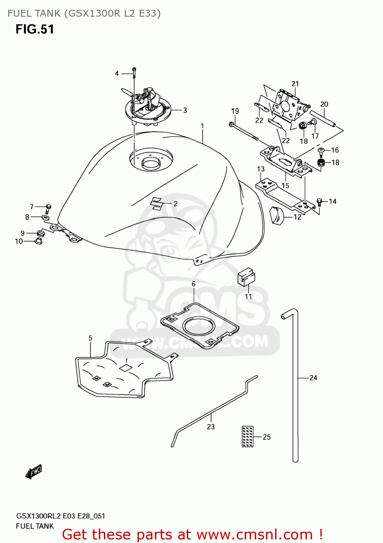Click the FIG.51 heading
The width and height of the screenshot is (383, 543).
[x=35, y=29]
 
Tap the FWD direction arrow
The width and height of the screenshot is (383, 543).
[x=34, y=472]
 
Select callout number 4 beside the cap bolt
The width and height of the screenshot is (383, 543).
[x=117, y=73]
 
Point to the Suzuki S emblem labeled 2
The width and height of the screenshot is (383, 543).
[x=157, y=203]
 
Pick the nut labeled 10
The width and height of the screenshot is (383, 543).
[x=38, y=241]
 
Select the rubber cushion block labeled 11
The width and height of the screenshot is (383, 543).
[x=246, y=277]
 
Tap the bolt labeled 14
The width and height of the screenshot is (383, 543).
[x=319, y=202]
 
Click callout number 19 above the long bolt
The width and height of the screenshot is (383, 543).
[x=235, y=111]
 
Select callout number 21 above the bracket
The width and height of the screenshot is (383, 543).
[x=295, y=84]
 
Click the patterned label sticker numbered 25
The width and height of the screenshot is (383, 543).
[x=248, y=436]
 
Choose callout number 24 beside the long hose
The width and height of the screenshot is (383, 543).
[x=313, y=378]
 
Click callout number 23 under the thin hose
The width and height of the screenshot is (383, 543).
[x=211, y=427]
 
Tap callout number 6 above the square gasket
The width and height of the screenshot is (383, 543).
[x=193, y=284]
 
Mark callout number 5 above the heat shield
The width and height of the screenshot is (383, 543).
[x=90, y=338]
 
